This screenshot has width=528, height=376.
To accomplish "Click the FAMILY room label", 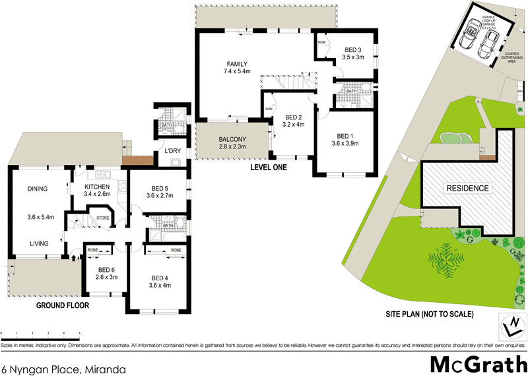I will click(x=237, y=63).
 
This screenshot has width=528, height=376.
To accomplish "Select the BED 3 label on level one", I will click(x=353, y=50).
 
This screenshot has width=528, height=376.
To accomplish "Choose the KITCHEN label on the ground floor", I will click(x=96, y=187).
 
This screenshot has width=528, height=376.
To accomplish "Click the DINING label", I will click(x=38, y=189).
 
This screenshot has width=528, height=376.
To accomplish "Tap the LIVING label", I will click(x=39, y=243).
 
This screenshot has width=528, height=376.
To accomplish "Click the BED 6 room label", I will click(x=107, y=268).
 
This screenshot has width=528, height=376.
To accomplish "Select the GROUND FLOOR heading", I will click(x=63, y=306).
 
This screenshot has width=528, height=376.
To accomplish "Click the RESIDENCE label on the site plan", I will click(x=469, y=188).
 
